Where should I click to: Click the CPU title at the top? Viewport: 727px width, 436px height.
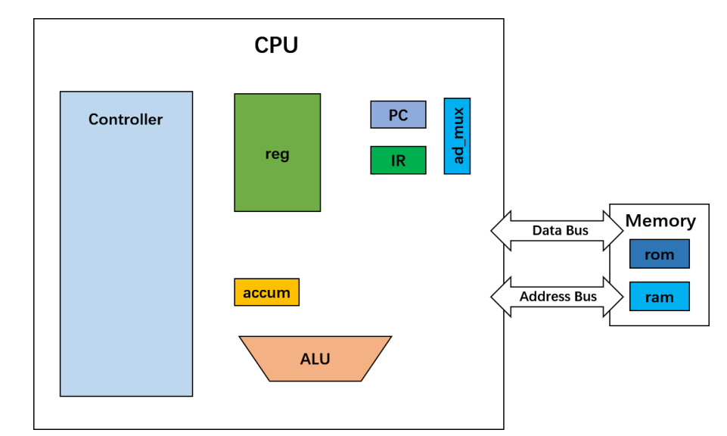(x=276, y=45)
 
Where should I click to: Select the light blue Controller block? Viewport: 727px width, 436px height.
(x=126, y=257)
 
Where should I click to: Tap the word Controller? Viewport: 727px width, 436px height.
(x=126, y=120)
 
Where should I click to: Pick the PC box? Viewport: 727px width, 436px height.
(x=398, y=115)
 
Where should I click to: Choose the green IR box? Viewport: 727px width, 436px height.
(x=398, y=160)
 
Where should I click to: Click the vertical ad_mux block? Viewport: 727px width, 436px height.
(x=457, y=136)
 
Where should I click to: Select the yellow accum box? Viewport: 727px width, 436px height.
(x=266, y=293)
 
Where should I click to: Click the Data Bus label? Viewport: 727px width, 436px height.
(x=560, y=231)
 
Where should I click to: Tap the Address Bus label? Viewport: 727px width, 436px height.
(x=558, y=297)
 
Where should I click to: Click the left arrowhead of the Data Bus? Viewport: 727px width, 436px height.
(x=500, y=231)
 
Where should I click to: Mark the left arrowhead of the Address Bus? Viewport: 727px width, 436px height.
(x=500, y=297)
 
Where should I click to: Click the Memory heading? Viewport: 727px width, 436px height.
(x=660, y=221)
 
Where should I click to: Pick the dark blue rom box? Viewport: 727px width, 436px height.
(x=659, y=254)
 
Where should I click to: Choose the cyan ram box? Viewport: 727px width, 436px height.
(x=659, y=297)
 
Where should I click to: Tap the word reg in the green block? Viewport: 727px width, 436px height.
(x=277, y=154)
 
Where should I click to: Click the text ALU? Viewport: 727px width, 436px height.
(x=315, y=359)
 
